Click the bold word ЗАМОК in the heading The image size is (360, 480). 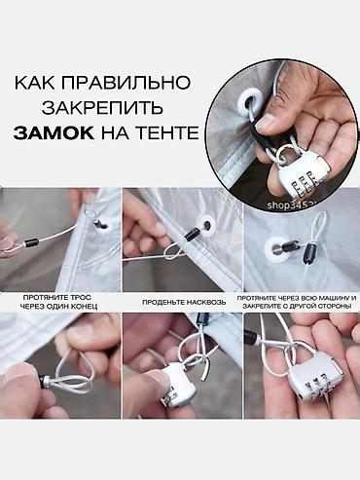(54, 132)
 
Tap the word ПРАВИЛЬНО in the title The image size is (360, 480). (126, 83)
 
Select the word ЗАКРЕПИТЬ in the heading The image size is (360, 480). (102, 107)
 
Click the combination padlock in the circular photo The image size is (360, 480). (300, 171)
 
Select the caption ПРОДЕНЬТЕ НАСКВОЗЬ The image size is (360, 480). (184, 302)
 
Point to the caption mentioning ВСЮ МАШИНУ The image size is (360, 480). (297, 302)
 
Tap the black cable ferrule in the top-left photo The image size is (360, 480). (32, 243)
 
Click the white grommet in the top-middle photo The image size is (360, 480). (207, 226)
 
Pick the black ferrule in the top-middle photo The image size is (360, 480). (193, 234)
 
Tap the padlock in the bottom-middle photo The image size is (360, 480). (172, 383)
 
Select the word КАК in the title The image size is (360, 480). (35, 83)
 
